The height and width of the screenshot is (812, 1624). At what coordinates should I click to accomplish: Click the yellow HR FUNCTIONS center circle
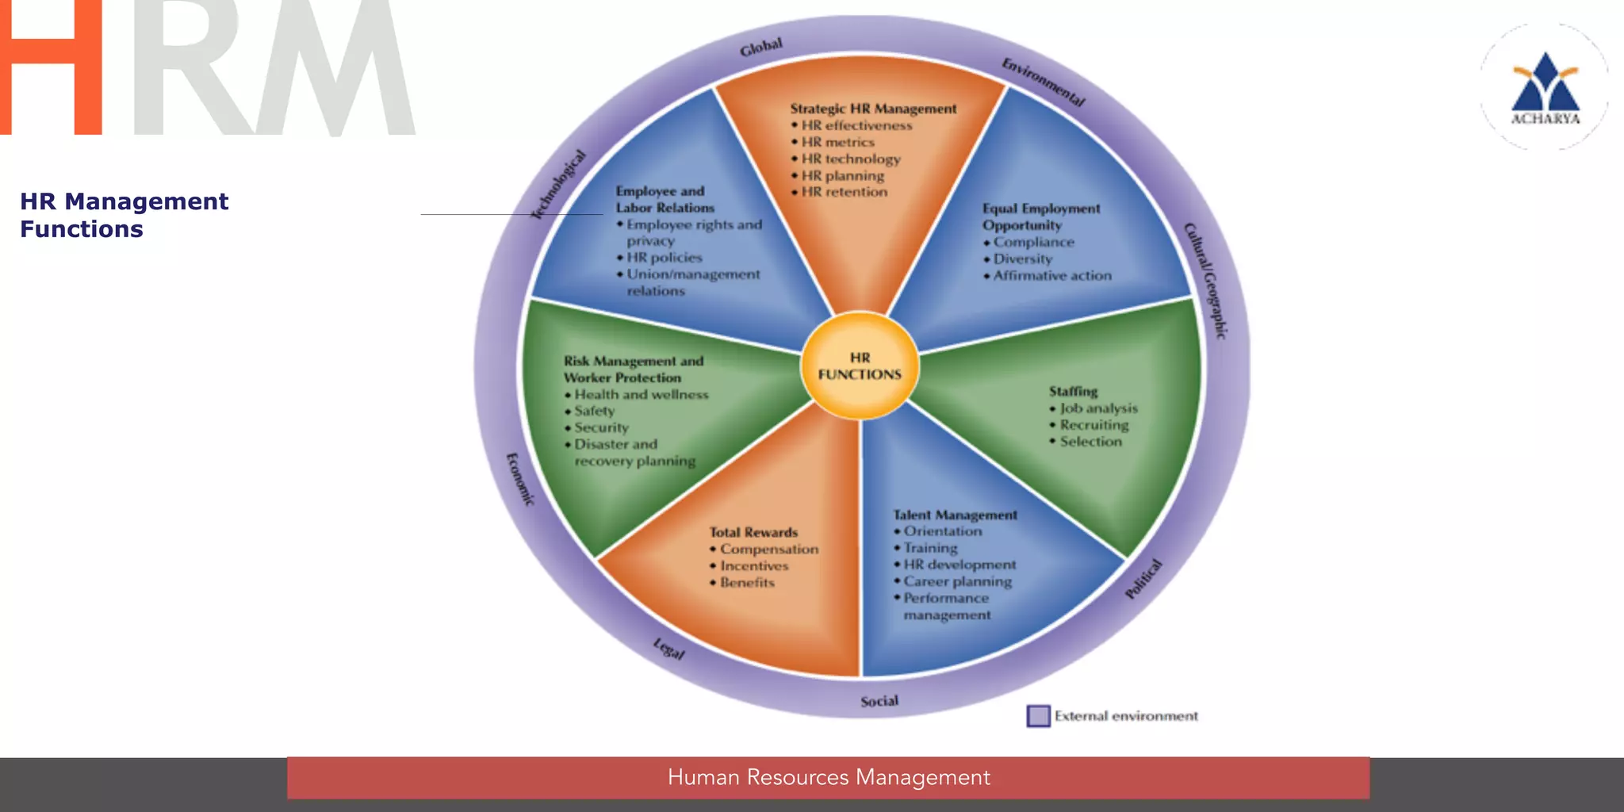pyautogui.click(x=860, y=366)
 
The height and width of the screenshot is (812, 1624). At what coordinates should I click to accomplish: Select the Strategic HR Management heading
pyautogui.click(x=873, y=109)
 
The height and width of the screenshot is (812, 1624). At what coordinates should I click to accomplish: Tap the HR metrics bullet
pyautogui.click(x=837, y=143)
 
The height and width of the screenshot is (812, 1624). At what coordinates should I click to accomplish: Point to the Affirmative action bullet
pyautogui.click(x=1052, y=276)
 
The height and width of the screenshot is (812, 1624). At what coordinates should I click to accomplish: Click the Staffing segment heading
pyautogui.click(x=1073, y=392)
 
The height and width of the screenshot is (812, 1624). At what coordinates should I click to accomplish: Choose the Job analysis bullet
pyautogui.click(x=1098, y=408)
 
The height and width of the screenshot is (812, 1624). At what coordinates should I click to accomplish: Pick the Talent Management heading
pyautogui.click(x=955, y=515)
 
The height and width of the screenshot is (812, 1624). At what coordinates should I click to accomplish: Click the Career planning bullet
pyautogui.click(x=957, y=581)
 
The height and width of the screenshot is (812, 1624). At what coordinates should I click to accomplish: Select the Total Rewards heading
pyautogui.click(x=753, y=532)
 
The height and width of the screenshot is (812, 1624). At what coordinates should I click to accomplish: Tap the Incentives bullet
pyautogui.click(x=754, y=566)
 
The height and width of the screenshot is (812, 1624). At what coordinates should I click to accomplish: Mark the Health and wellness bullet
pyautogui.click(x=641, y=395)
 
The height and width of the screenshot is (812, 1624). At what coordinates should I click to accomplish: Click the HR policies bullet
pyautogui.click(x=664, y=258)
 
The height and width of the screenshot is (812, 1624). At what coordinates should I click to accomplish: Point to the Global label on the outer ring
pyautogui.click(x=761, y=48)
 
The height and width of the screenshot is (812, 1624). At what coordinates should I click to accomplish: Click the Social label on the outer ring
pyautogui.click(x=879, y=701)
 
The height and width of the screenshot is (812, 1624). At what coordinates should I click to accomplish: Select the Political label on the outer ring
pyautogui.click(x=1144, y=579)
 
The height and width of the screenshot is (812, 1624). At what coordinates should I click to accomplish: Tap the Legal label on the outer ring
pyautogui.click(x=668, y=649)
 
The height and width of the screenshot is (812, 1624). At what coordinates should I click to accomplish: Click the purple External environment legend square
pyautogui.click(x=1038, y=716)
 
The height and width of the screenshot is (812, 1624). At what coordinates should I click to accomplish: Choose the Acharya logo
pyautogui.click(x=1545, y=87)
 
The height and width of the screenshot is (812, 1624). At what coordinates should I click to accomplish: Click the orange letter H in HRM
pyautogui.click(x=51, y=67)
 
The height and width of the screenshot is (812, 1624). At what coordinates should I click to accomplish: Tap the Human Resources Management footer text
pyautogui.click(x=829, y=777)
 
